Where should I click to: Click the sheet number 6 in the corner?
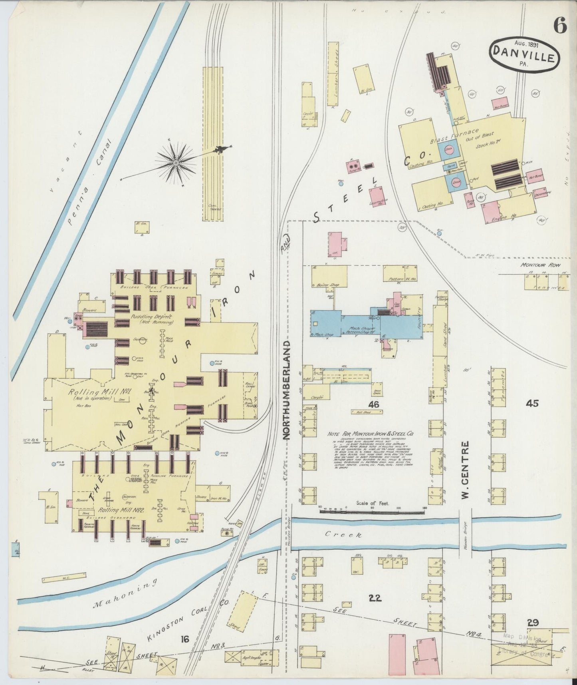click(x=560, y=26)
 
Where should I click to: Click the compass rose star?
click(x=176, y=163)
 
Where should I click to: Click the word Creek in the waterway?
click(x=343, y=534)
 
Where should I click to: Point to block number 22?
click(x=375, y=598)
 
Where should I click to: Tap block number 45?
click(x=532, y=404)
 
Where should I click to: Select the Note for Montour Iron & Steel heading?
click(x=370, y=433)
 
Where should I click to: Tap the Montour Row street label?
click(x=540, y=265)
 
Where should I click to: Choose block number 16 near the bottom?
click(x=184, y=639)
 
